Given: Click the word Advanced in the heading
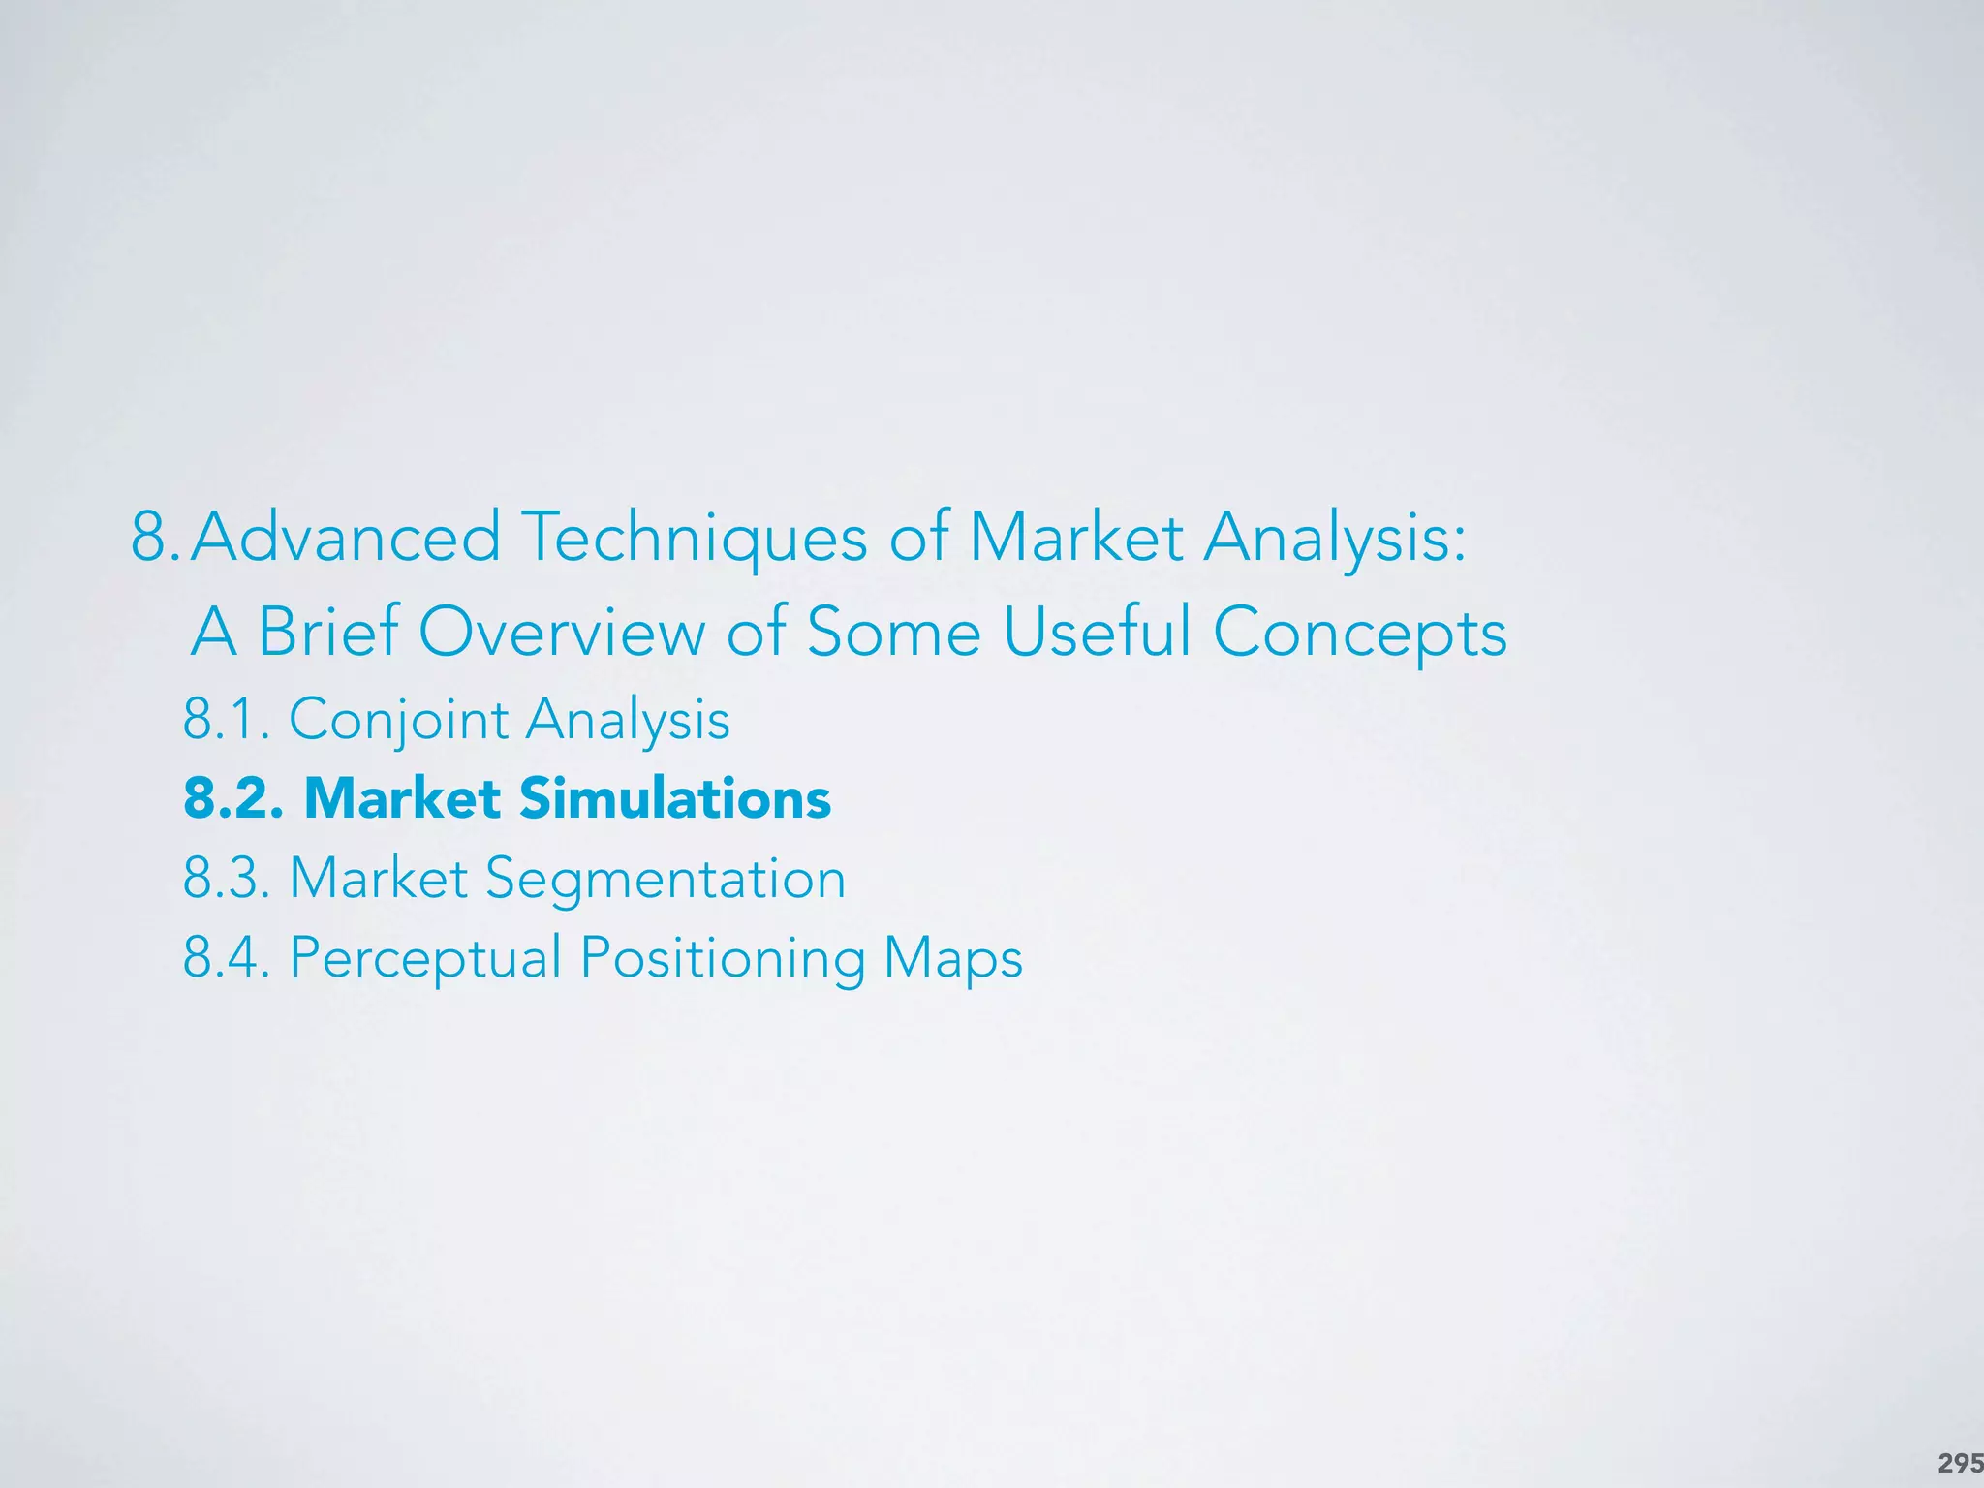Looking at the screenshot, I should point(346,538).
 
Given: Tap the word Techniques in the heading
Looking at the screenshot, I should point(694,538).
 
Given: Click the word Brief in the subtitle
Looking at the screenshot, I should point(327,632).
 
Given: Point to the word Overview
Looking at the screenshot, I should point(562,632).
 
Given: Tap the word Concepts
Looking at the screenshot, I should point(1359,632).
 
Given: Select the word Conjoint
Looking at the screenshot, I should point(398,721).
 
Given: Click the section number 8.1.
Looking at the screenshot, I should point(226,721).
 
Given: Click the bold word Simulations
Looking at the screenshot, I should point(674,799).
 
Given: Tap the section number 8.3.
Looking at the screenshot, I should point(226,879).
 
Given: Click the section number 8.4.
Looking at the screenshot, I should point(226,958).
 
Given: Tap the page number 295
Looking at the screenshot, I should point(1959,1463).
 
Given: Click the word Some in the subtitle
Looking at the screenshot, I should point(893,632).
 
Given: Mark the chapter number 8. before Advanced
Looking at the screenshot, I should point(155,538).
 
